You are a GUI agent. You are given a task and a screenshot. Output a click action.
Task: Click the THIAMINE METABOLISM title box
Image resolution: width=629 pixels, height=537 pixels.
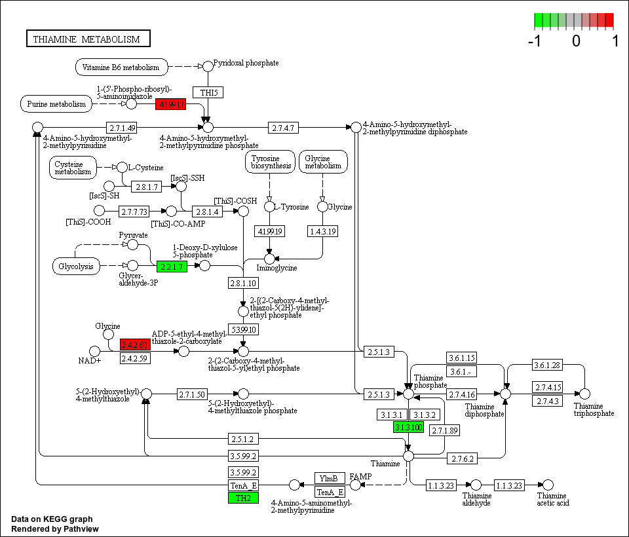point(88,39)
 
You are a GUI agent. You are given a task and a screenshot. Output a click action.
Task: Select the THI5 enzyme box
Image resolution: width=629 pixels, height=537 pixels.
point(208,92)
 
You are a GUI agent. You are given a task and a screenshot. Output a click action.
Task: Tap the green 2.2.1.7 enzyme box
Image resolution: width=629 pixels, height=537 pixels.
point(172,266)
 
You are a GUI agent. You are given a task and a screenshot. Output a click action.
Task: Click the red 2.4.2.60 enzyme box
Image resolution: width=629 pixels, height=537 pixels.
point(135,344)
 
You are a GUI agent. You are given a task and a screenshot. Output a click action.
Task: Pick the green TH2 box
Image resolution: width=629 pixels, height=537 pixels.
point(243,498)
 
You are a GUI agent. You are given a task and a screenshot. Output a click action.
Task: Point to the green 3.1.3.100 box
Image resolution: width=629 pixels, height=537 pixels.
point(409,427)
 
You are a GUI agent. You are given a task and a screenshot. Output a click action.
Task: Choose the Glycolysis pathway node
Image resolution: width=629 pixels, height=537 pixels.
point(76,266)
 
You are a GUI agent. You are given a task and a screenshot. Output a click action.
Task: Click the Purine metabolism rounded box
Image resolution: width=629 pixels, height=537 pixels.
point(56,104)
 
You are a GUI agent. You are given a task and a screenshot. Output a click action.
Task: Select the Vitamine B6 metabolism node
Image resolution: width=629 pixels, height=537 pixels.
point(121,67)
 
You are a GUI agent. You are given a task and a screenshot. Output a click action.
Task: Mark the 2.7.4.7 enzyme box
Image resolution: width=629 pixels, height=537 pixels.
point(283,126)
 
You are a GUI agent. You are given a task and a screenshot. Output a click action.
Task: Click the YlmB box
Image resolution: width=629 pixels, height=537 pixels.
point(330,478)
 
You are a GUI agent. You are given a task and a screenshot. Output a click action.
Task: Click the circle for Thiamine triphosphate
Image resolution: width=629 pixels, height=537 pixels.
point(585,394)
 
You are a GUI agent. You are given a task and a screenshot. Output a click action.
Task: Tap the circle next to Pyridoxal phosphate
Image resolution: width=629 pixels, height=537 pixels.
point(208,66)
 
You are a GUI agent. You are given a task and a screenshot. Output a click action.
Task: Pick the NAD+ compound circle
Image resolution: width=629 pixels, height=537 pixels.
point(94,352)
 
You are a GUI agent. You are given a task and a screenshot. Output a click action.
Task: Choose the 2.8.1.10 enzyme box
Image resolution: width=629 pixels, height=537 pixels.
point(243,284)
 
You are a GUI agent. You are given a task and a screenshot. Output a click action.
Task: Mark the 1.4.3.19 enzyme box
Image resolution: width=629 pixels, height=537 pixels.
point(322,231)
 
